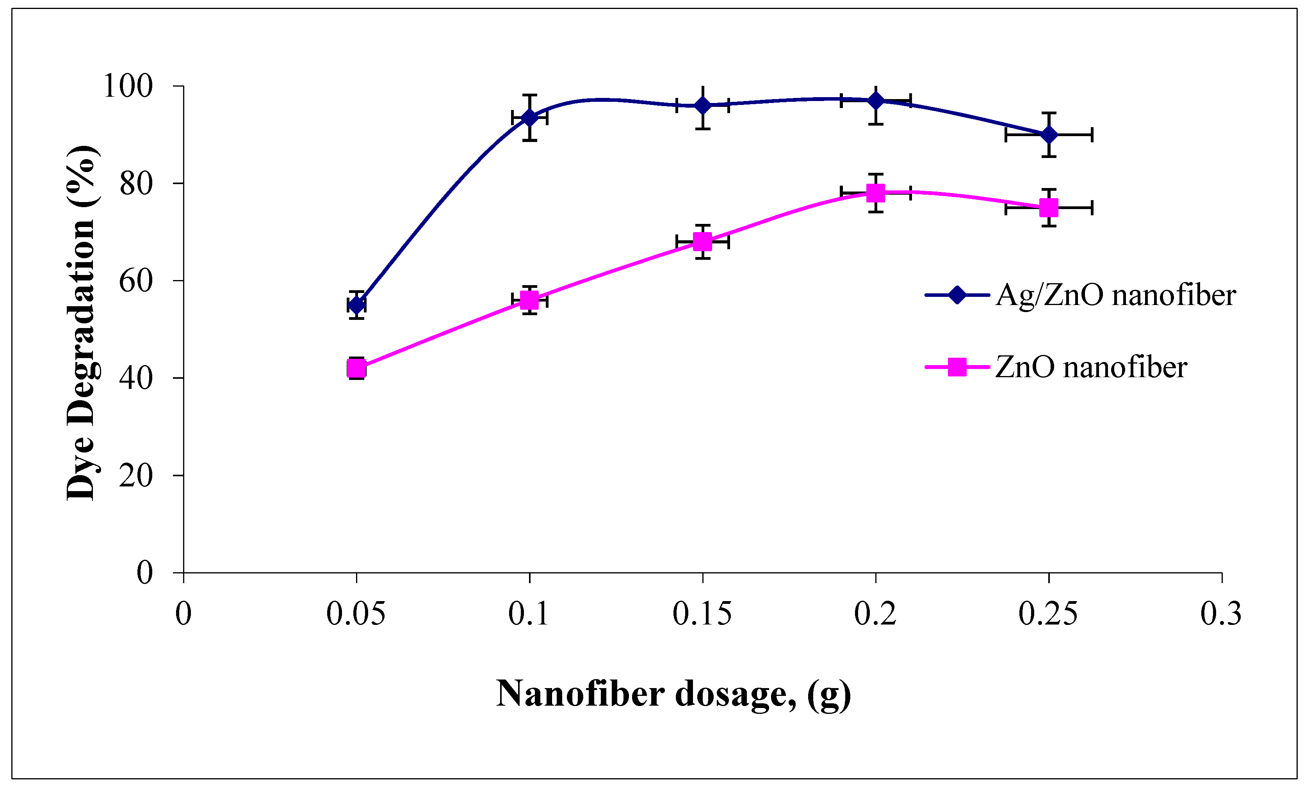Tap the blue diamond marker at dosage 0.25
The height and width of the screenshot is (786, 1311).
coord(1049,135)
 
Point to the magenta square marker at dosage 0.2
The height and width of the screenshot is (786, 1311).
coord(876,193)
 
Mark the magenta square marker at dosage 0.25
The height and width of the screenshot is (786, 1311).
coord(1049,208)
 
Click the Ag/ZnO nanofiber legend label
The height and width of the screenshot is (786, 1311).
coord(1115,295)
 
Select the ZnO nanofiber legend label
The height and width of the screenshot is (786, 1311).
coord(1091,367)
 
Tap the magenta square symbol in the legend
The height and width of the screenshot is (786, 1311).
coord(957,367)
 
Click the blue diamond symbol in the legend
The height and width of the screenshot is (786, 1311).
coord(957,295)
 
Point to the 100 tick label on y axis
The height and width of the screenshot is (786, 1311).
coord(128,86)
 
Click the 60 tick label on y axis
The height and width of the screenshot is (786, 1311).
coord(136,281)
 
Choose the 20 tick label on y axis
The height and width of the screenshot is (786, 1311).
coord(136,476)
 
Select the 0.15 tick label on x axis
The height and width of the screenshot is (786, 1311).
coord(702,614)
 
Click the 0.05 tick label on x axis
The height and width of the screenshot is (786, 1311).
coord(356,614)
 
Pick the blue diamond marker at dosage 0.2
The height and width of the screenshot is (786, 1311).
coord(876,101)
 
